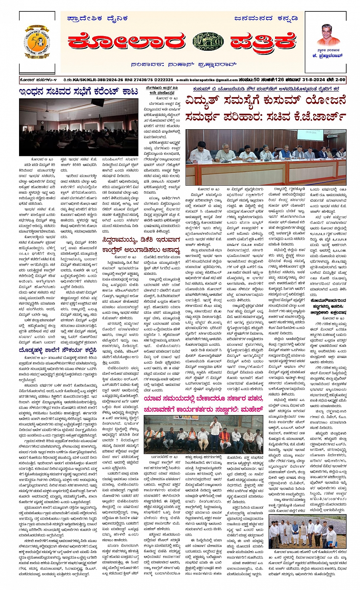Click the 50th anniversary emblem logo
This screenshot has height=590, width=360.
click(37, 42)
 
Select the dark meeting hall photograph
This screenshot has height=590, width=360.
click(79, 127)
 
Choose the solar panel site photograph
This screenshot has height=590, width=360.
click(307, 531)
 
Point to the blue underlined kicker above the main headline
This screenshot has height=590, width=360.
click(266, 89)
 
